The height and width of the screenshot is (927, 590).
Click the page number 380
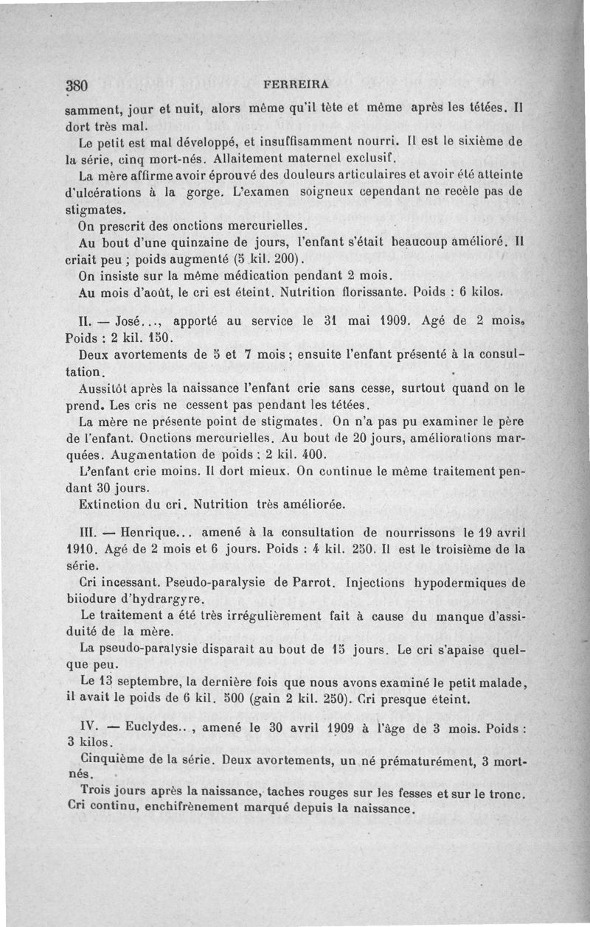pyautogui.click(x=77, y=84)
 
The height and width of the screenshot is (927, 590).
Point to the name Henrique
pyautogui.click(x=150, y=532)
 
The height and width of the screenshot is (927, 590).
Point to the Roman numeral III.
pyautogui.click(x=88, y=532)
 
